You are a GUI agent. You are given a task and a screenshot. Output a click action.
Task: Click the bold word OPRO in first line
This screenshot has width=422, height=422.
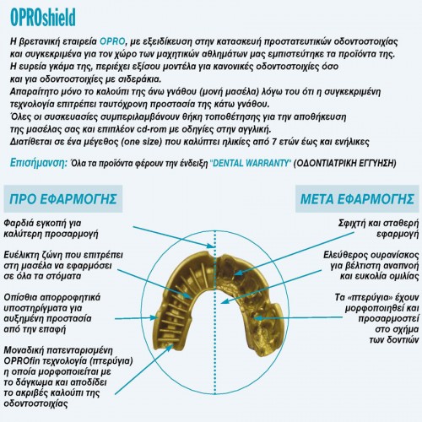point(121,40)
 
